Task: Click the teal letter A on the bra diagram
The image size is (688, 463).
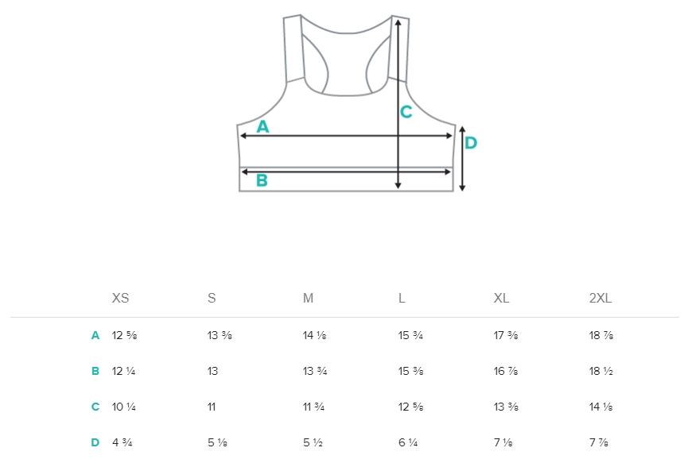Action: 262,126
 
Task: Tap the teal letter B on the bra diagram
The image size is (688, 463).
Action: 262,180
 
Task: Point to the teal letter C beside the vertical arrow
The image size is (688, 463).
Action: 406,112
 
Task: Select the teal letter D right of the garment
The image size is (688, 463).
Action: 470,143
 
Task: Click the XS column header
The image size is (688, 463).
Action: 120,299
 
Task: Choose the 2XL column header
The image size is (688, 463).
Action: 601,299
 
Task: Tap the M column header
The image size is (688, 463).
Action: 308,299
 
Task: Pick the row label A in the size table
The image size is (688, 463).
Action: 95,335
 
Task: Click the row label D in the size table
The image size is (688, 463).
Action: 95,442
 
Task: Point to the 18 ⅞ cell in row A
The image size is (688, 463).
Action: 601,335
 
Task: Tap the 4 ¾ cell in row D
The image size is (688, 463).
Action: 122,442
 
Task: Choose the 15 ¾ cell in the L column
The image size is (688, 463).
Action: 410,335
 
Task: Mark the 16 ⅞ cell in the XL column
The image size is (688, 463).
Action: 506,371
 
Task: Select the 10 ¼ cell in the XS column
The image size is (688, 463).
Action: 124,407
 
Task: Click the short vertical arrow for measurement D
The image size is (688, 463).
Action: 462,158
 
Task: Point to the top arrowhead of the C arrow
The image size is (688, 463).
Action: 398,21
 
